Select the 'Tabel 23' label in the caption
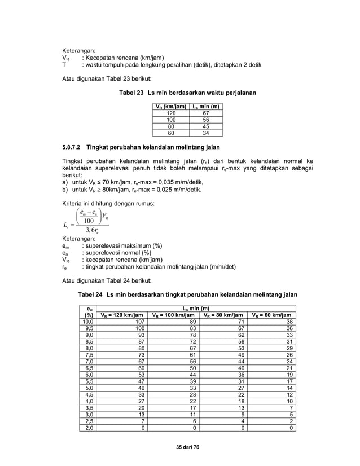(130, 92)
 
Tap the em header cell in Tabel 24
(89, 309)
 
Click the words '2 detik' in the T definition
(251, 65)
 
